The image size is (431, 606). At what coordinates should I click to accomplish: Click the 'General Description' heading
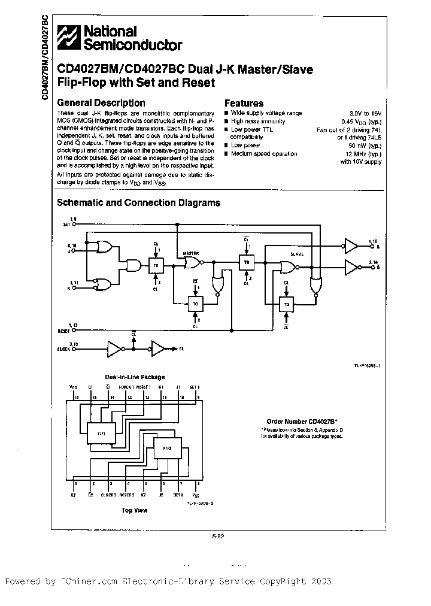click(x=101, y=103)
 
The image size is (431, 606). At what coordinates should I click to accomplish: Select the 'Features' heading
click(x=244, y=103)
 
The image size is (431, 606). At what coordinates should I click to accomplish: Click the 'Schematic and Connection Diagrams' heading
click(x=138, y=203)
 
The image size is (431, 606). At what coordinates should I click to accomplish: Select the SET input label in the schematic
click(x=67, y=225)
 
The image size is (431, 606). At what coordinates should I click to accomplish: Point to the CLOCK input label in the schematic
click(x=65, y=348)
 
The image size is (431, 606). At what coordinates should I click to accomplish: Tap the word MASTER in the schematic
click(x=190, y=253)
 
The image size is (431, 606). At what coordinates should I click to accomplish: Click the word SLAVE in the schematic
click(x=297, y=254)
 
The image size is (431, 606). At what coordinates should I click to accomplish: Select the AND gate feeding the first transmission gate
click(x=133, y=265)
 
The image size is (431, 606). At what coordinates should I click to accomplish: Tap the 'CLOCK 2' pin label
click(x=108, y=495)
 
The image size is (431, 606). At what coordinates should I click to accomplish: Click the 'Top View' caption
click(x=135, y=510)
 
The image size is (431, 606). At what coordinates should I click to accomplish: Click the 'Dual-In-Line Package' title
click(x=135, y=377)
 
